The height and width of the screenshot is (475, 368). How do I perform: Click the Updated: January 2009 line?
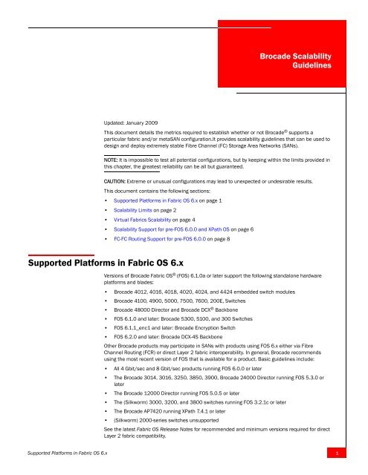(x=133, y=118)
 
